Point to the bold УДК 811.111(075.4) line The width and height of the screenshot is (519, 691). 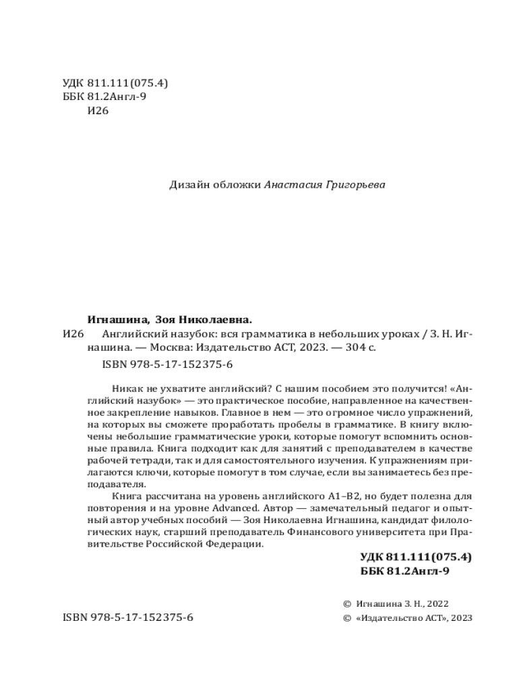[416, 557]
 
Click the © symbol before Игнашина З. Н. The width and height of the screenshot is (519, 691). [347, 604]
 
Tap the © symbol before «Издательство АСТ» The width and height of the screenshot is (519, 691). [347, 617]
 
